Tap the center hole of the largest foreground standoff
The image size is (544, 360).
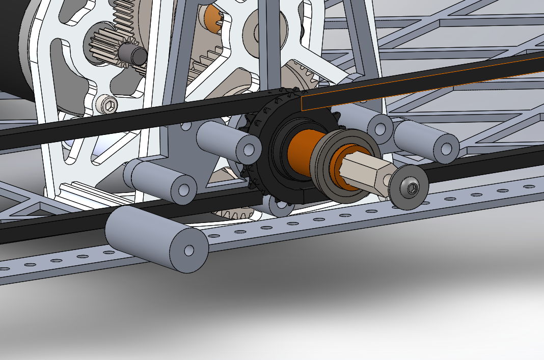(189, 250)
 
